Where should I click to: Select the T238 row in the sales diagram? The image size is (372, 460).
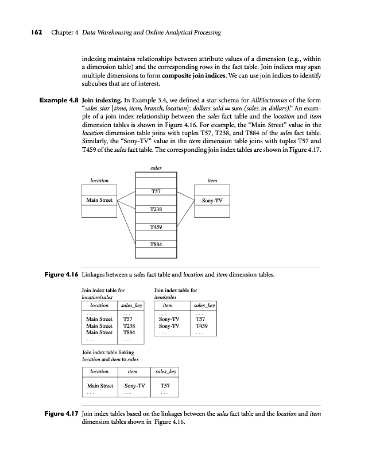click(155, 210)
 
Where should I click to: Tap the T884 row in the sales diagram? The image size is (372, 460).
click(155, 244)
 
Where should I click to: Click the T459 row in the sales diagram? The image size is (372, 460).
click(155, 227)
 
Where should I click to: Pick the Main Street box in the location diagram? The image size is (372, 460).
click(99, 200)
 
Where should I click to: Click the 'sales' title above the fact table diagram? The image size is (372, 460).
click(156, 168)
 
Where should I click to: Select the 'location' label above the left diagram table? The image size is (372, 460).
click(99, 180)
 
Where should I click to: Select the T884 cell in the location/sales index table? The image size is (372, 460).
click(129, 332)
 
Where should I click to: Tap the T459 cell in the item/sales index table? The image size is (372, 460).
click(201, 325)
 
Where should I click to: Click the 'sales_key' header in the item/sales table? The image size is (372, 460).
click(204, 306)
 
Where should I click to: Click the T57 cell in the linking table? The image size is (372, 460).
click(164, 386)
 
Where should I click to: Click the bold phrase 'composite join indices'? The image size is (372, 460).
click(195, 76)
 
